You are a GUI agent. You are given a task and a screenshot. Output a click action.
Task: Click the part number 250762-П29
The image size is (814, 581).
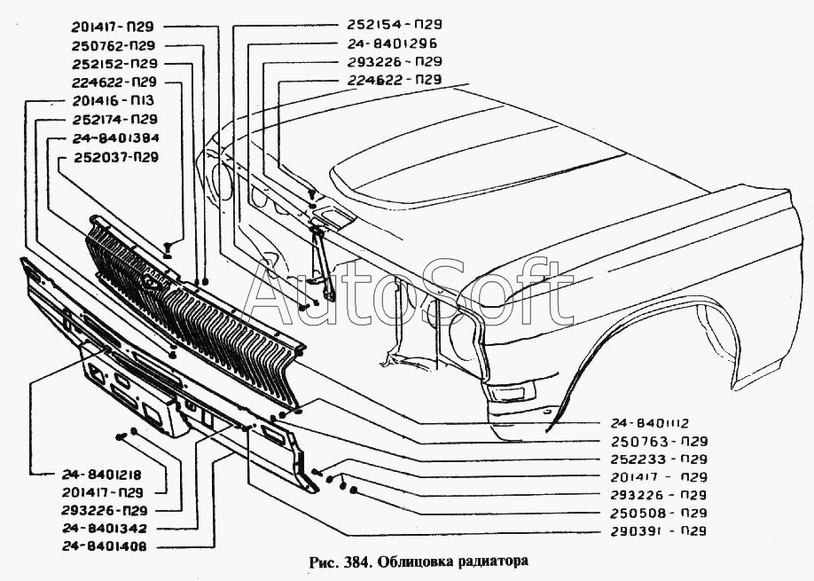pos(113,46)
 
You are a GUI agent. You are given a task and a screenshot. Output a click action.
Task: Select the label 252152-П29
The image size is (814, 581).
pos(114,64)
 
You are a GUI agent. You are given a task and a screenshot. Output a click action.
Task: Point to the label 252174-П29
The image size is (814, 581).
pos(114,120)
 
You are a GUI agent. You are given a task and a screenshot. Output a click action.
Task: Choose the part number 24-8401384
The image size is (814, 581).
pos(115,138)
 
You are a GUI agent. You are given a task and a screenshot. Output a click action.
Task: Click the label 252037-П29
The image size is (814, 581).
pos(116,157)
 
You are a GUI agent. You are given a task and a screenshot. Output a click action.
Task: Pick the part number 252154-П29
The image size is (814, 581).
pos(395,25)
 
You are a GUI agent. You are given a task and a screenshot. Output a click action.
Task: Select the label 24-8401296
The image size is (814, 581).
pos(392,43)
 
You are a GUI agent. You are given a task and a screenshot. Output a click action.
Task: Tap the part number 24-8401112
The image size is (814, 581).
pos(649,423)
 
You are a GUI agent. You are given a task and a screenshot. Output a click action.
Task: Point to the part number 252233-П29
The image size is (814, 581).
pos(659,459)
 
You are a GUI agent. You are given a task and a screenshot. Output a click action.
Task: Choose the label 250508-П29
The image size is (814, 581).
pos(659,513)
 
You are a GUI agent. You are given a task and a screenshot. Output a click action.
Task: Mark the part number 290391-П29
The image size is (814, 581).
pos(659,531)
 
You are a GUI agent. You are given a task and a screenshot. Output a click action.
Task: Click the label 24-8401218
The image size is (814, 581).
pos(102,475)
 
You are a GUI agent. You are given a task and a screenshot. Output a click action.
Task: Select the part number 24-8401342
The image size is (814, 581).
pos(105,529)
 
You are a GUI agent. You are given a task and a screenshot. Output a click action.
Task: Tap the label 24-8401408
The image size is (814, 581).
pos(105,546)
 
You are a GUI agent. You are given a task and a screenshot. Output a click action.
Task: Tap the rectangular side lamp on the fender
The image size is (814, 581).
pos(511,391)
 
